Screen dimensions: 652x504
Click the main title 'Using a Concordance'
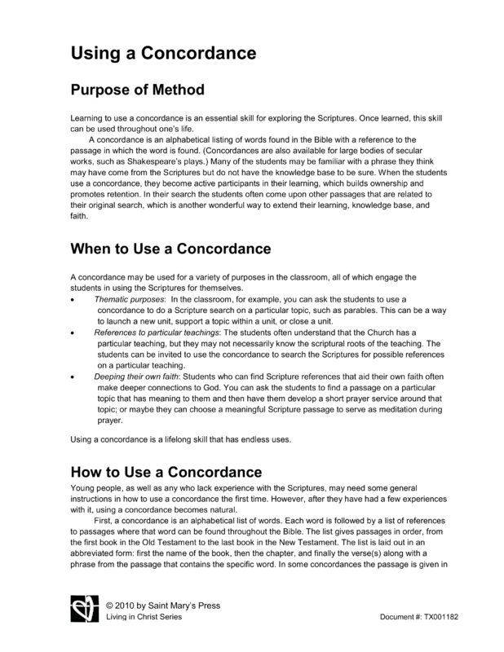[x=164, y=55]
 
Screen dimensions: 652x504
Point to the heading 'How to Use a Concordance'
[x=166, y=473]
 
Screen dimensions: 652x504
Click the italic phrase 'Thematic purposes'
[x=130, y=301]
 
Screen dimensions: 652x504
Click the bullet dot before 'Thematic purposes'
[x=74, y=302]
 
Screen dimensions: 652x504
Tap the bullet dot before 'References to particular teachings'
[x=74, y=333]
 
